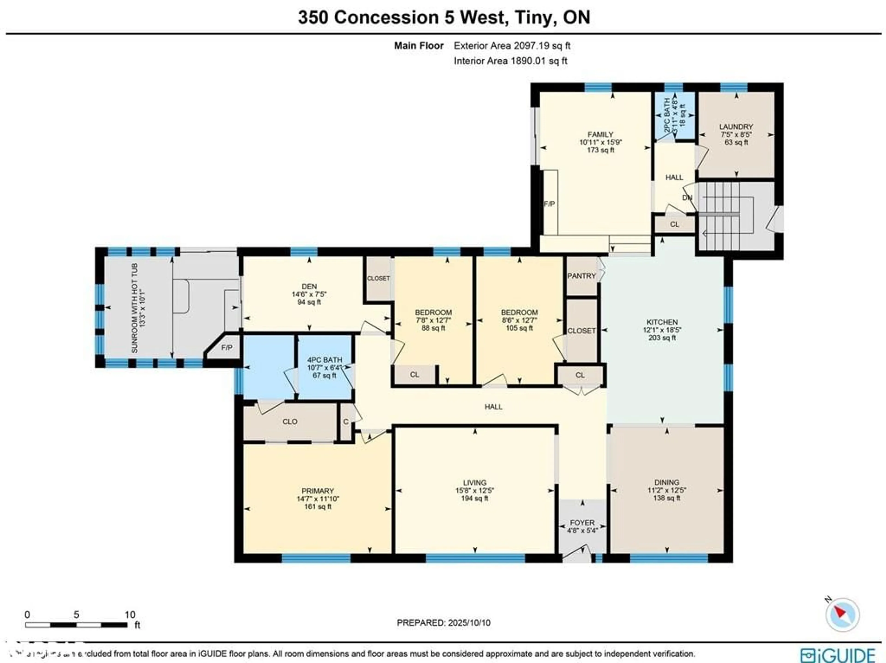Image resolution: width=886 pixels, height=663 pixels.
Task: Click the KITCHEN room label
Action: [662, 322]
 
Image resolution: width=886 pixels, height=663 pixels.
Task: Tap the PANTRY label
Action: [581, 276]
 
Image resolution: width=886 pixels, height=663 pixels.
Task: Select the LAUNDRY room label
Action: [736, 127]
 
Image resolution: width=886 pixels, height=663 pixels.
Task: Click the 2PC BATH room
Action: [674, 116]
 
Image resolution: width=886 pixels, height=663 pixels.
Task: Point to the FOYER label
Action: [582, 523]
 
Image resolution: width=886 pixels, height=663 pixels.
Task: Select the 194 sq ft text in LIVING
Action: [475, 498]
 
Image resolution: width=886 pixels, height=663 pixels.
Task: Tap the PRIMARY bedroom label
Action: [318, 491]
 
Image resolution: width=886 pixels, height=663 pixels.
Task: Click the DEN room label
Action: [309, 286]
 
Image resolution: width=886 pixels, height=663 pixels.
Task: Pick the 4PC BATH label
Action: [324, 360]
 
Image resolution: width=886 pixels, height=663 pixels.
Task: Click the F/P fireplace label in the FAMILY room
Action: [549, 204]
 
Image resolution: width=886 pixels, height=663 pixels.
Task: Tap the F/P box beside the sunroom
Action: [227, 347]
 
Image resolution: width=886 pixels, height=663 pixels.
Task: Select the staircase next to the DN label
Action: [721, 212]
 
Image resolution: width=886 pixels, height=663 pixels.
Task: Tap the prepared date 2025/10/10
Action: [468, 623]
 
